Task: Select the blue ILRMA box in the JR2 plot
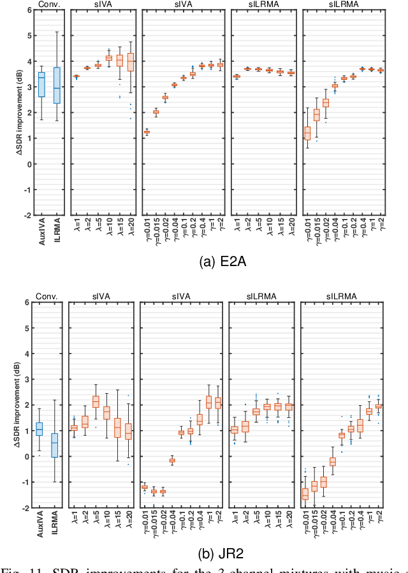54,445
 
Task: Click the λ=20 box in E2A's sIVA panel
131,62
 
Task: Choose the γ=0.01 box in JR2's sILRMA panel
305,494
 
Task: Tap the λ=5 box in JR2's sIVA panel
96,401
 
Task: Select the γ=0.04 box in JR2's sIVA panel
171,460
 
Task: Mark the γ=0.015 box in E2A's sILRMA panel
316,115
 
